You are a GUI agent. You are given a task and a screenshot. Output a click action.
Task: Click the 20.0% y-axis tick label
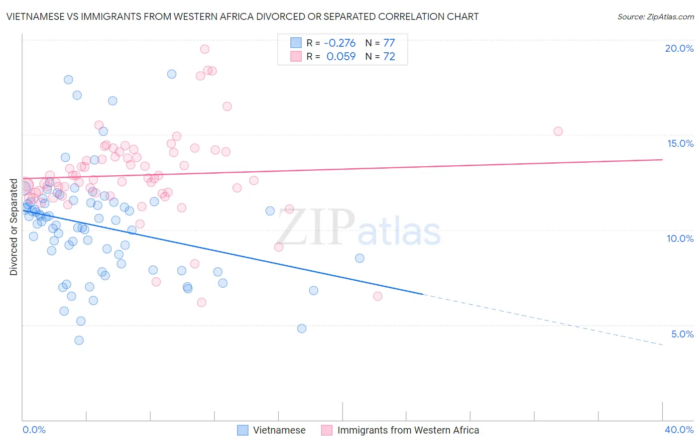679,48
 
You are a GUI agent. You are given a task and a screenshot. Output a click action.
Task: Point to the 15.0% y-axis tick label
680,143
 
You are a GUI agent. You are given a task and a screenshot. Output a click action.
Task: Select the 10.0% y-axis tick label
680,238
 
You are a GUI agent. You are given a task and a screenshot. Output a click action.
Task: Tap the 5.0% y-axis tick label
682,334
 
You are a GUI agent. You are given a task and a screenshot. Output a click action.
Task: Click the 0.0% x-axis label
34,430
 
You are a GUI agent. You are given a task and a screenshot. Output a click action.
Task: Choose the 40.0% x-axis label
679,430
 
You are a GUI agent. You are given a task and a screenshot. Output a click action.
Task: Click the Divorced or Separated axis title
13,227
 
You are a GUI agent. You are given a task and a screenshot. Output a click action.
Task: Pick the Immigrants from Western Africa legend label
408,430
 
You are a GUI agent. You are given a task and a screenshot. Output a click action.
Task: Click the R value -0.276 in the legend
341,43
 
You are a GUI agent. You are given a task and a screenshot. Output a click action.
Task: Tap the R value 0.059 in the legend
341,56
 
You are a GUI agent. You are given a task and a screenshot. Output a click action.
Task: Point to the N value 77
389,43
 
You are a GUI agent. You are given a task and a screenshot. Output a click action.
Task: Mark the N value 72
389,56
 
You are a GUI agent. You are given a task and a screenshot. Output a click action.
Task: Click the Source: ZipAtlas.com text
655,16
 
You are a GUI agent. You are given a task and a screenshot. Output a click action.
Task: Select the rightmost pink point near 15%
558,131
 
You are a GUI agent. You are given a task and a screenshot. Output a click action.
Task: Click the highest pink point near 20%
205,49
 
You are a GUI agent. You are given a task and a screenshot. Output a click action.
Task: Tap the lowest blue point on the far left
79,340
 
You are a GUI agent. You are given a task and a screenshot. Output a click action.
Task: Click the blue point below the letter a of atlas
359,258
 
